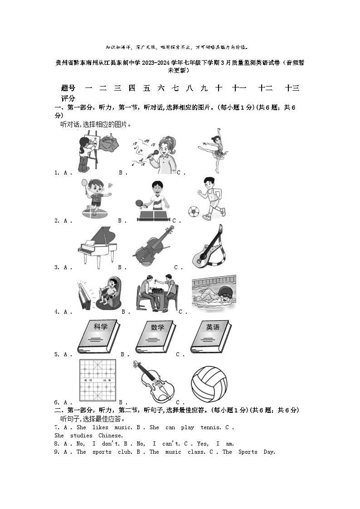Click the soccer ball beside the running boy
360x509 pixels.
coord(194,212)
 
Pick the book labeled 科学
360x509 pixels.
coord(98,337)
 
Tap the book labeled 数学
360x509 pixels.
coord(155,337)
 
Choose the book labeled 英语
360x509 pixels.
coord(210,337)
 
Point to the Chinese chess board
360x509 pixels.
coord(97,381)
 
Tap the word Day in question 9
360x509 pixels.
coord(269,452)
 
